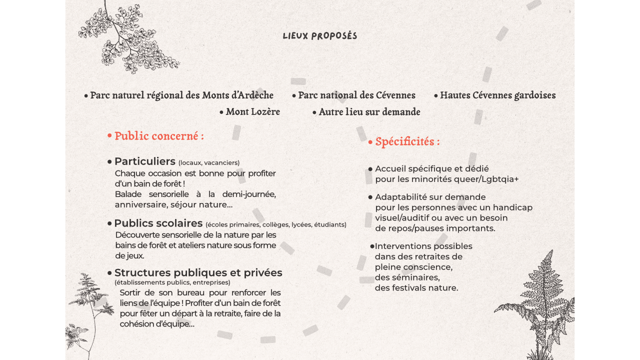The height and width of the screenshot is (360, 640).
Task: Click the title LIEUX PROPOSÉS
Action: tap(320, 36)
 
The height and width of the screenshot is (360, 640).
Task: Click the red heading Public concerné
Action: tap(159, 136)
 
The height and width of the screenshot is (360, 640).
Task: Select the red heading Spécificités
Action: tap(407, 142)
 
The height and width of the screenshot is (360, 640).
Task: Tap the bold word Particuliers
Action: tap(145, 161)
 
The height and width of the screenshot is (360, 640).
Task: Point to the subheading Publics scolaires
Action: tap(158, 223)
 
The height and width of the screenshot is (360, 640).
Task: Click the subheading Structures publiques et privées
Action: tap(198, 273)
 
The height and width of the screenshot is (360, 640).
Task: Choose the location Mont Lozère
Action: tap(252, 112)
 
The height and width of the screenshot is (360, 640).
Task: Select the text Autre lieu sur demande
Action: tap(369, 112)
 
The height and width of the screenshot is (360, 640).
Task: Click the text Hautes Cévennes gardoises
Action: tap(497, 95)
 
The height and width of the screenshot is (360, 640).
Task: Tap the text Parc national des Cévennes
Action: tap(356, 95)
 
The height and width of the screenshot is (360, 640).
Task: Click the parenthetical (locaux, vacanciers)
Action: tap(209, 162)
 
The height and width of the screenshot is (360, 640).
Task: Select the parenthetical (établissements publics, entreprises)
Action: tap(172, 282)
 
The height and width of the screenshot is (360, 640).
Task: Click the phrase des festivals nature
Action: tap(416, 288)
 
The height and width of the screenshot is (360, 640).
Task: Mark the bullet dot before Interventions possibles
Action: tap(372, 246)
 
